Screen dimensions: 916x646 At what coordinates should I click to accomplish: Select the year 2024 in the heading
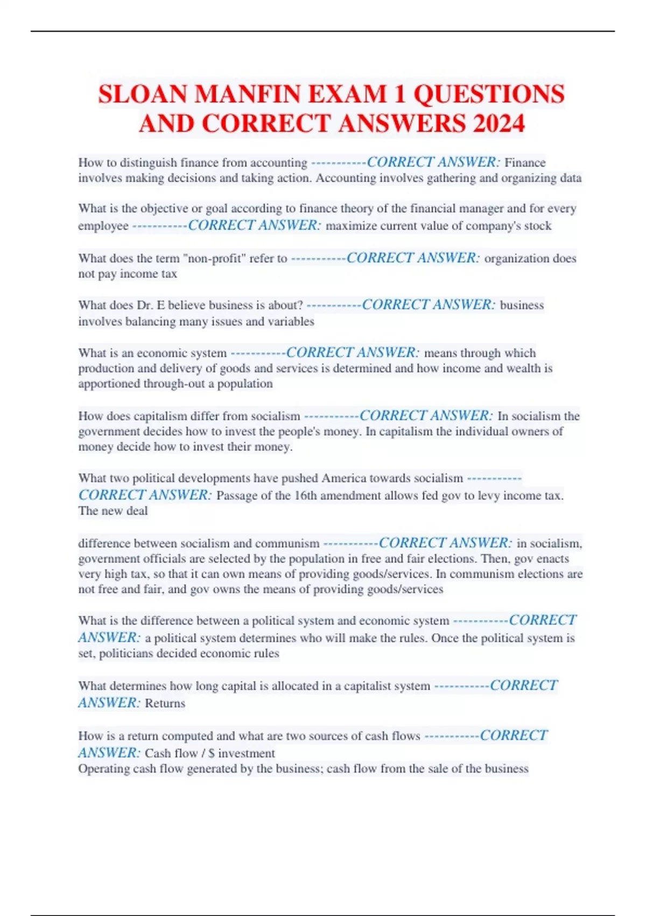[x=498, y=123]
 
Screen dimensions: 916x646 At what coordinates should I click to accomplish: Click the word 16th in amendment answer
[x=307, y=496]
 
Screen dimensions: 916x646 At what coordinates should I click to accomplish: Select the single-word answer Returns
[x=165, y=703]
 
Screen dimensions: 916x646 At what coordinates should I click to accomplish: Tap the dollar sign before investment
[x=212, y=753]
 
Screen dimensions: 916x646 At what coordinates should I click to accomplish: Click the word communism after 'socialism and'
[x=287, y=543]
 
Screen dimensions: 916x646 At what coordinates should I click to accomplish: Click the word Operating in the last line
[x=103, y=768]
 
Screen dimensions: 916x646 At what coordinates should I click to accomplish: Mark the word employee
[x=103, y=226]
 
